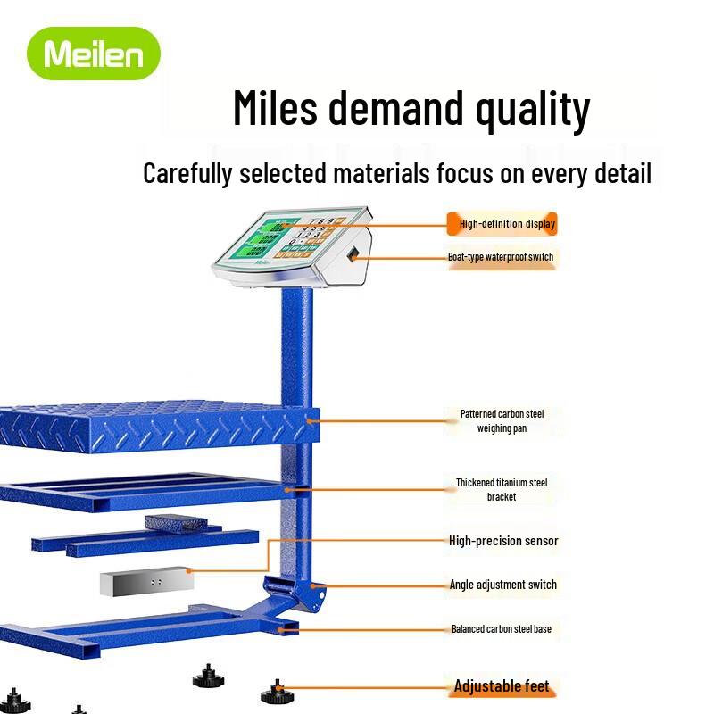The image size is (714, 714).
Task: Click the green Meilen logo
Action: (94, 54)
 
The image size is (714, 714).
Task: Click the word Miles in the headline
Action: (275, 108)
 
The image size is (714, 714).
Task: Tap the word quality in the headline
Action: (533, 110)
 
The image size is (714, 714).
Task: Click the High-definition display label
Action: (507, 224)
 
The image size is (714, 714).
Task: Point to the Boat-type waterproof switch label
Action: (501, 257)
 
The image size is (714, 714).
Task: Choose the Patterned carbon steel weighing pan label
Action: (502, 420)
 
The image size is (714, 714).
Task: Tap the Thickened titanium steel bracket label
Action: (502, 489)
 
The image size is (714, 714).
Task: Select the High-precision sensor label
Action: (503, 541)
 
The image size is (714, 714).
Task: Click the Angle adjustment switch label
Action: (502, 585)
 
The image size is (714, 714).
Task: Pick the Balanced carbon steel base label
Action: (502, 629)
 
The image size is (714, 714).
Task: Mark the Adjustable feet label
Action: (502, 685)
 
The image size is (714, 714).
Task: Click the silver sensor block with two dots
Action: (146, 582)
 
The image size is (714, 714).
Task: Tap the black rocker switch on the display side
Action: (352, 253)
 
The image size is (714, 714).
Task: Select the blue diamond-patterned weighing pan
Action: (160, 427)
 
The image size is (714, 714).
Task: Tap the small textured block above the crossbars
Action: (176, 522)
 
